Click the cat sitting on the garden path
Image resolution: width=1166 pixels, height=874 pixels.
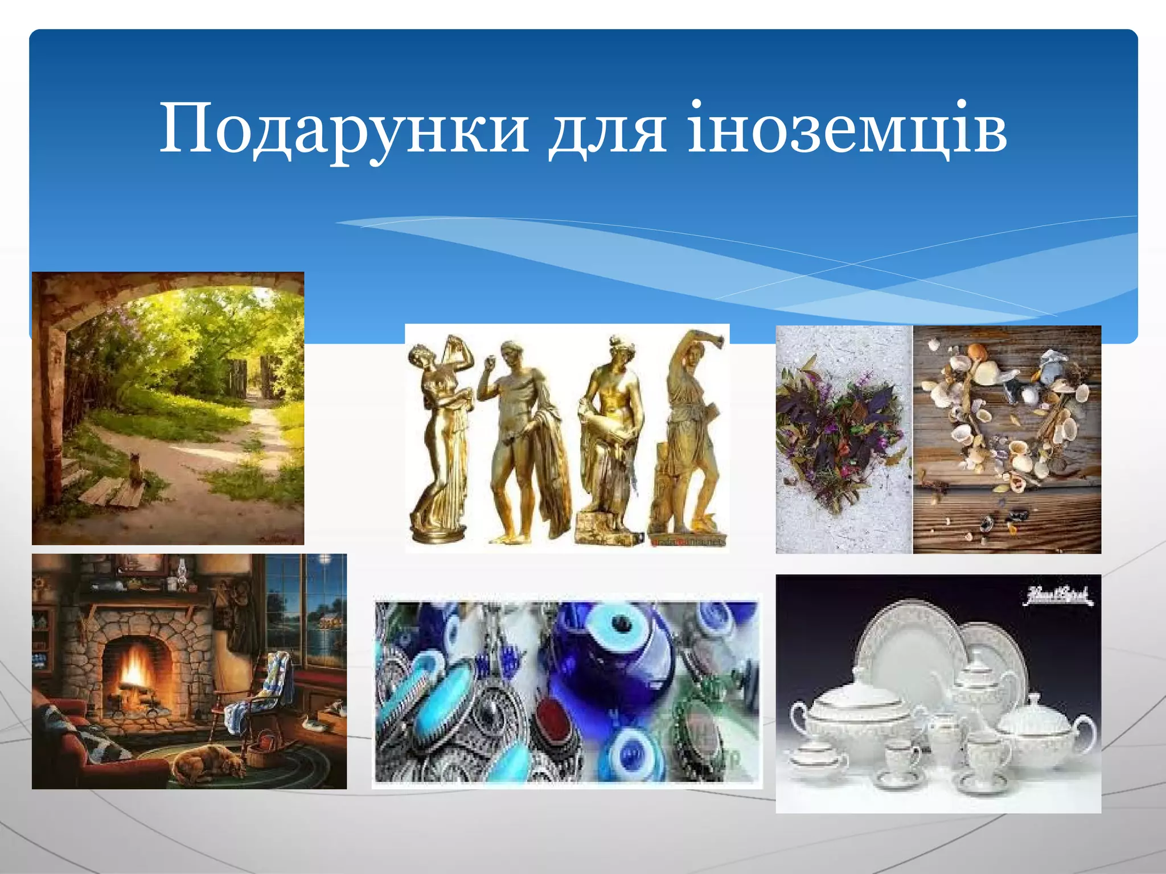coord(135,470)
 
